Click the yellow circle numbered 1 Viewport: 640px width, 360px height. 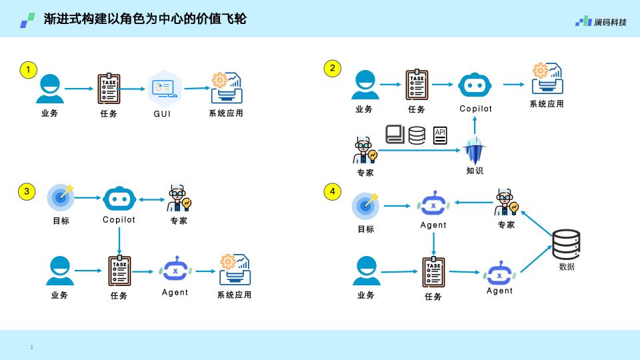[x=28, y=70]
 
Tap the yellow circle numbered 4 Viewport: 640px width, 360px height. [x=332, y=191]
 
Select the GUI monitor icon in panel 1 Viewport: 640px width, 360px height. [x=164, y=88]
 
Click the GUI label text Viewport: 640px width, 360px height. [x=162, y=114]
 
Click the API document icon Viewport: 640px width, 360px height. [x=440, y=135]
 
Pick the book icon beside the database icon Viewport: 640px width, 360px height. [x=395, y=134]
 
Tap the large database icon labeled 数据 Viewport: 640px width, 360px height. [x=566, y=245]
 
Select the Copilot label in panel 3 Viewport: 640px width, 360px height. [x=119, y=219]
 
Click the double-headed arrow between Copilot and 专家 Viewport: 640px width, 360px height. [x=151, y=199]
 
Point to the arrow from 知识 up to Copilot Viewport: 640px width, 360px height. [x=475, y=125]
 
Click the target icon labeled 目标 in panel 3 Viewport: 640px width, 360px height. [x=61, y=197]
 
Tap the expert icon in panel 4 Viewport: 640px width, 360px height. [x=506, y=203]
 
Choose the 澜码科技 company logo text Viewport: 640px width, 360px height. [x=610, y=22]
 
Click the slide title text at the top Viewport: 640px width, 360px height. [x=145, y=19]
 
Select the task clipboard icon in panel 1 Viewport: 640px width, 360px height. [x=109, y=89]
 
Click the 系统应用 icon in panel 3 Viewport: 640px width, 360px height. [x=235, y=269]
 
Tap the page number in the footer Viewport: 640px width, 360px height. [x=31, y=347]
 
